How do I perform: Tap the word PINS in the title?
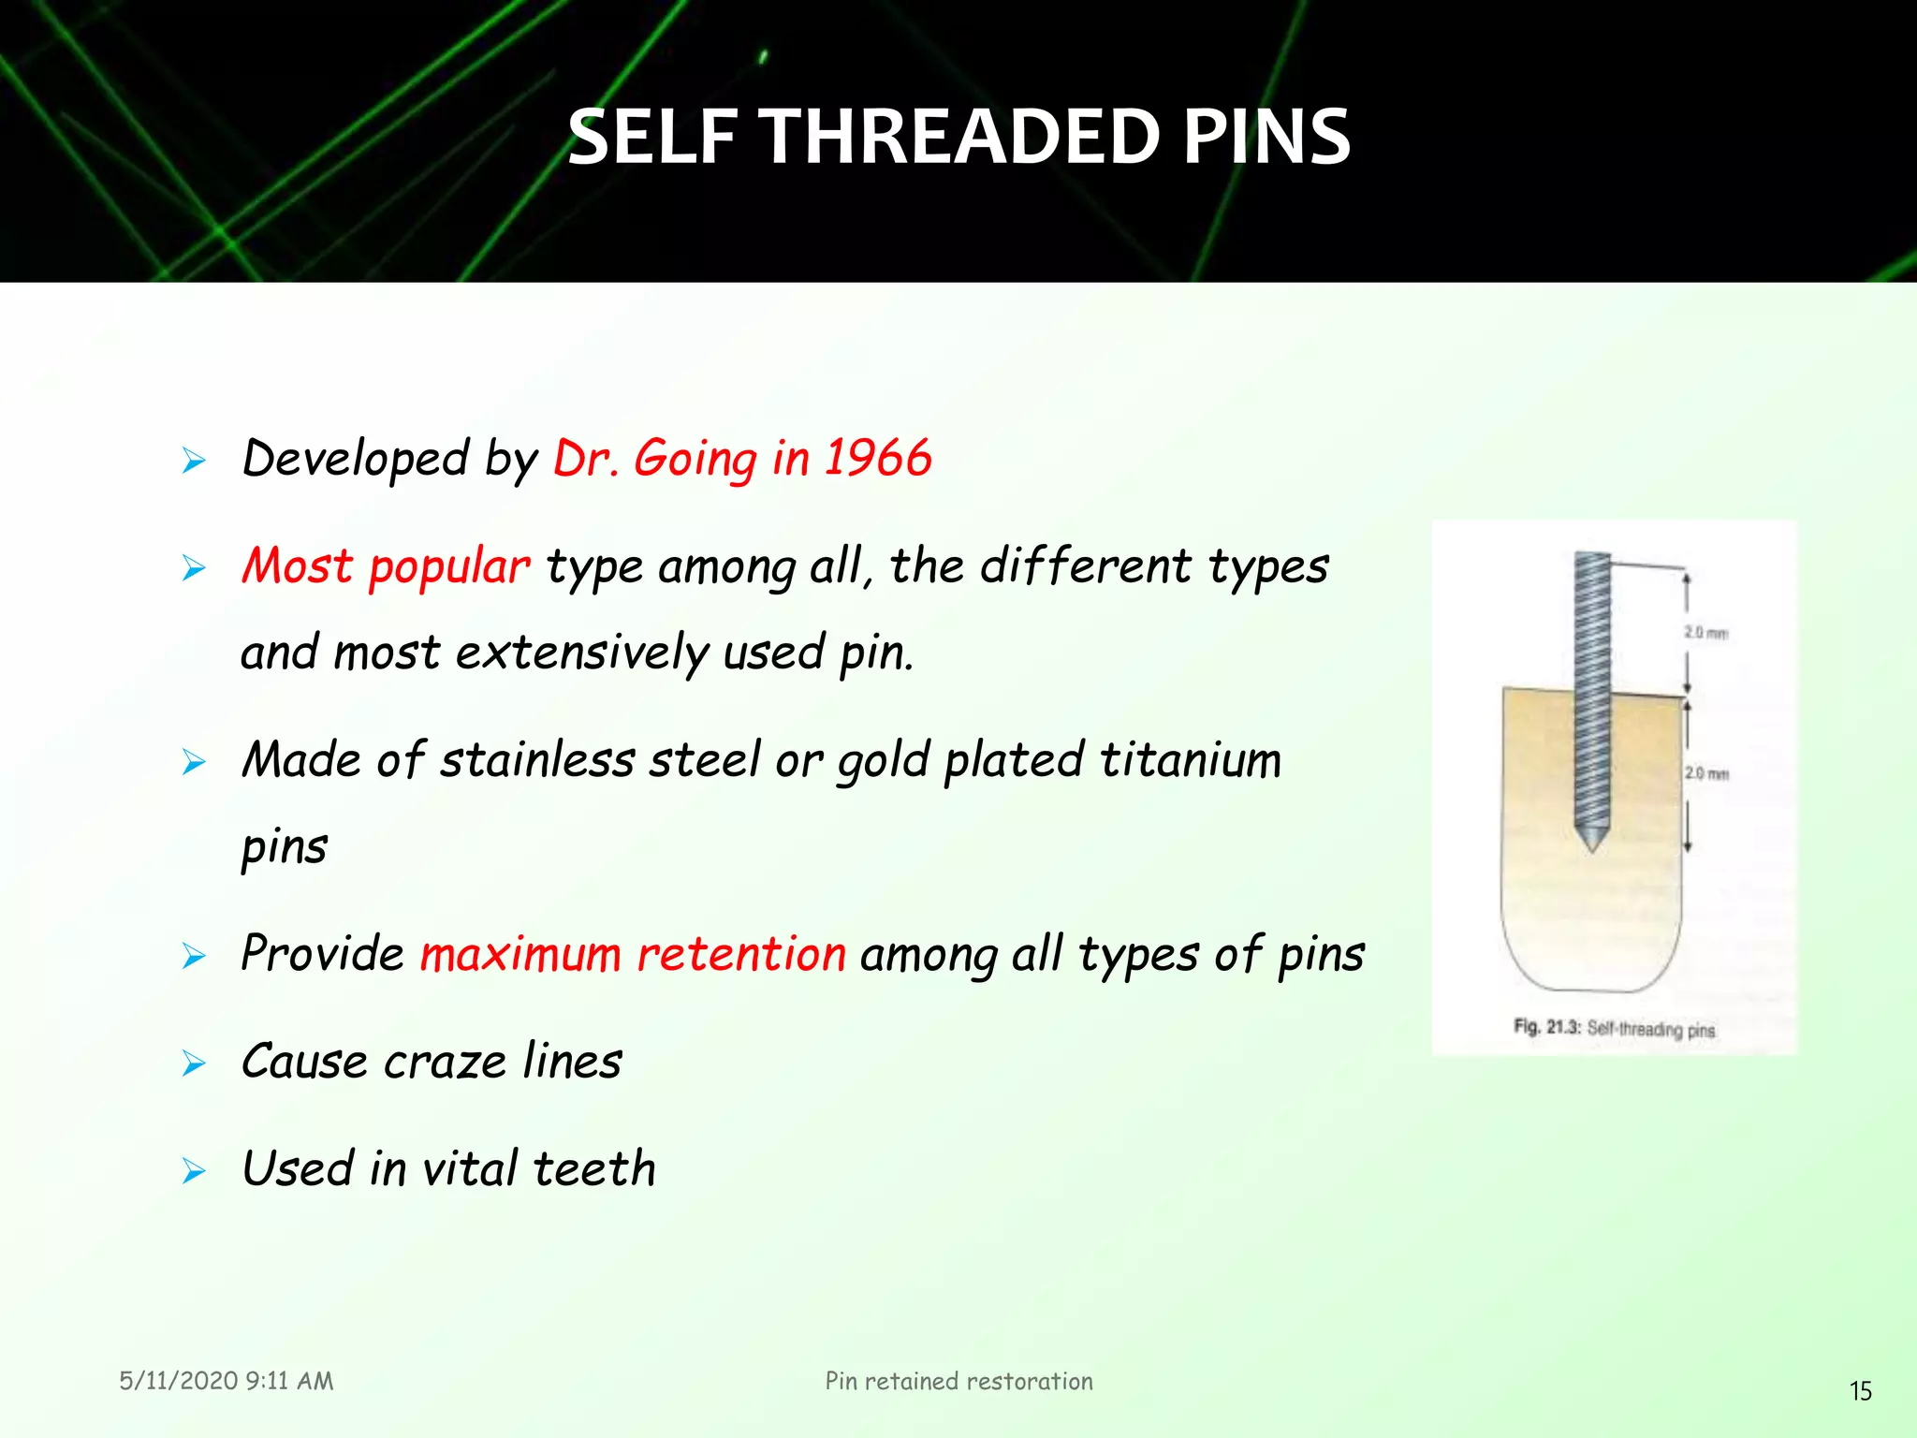click(x=1266, y=138)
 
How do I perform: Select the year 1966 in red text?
click(x=877, y=459)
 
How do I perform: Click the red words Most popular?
click(x=386, y=567)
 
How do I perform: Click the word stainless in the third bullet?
click(x=537, y=760)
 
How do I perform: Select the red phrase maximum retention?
click(x=633, y=955)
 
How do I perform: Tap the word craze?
click(x=445, y=1063)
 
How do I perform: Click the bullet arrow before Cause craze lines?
click(x=194, y=1064)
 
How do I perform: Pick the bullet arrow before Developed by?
click(x=194, y=461)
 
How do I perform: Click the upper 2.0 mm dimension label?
click(x=1705, y=633)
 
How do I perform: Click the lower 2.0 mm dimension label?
click(x=1706, y=773)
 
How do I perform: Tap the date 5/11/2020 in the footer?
click(x=178, y=1381)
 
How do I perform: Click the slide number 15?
click(x=1860, y=1391)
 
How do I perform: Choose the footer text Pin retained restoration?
click(x=958, y=1381)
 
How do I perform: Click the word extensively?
click(x=581, y=653)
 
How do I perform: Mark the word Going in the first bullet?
click(x=695, y=459)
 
